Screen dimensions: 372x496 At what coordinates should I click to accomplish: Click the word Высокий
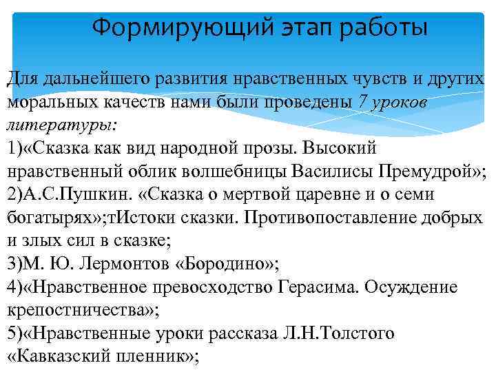point(341,148)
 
